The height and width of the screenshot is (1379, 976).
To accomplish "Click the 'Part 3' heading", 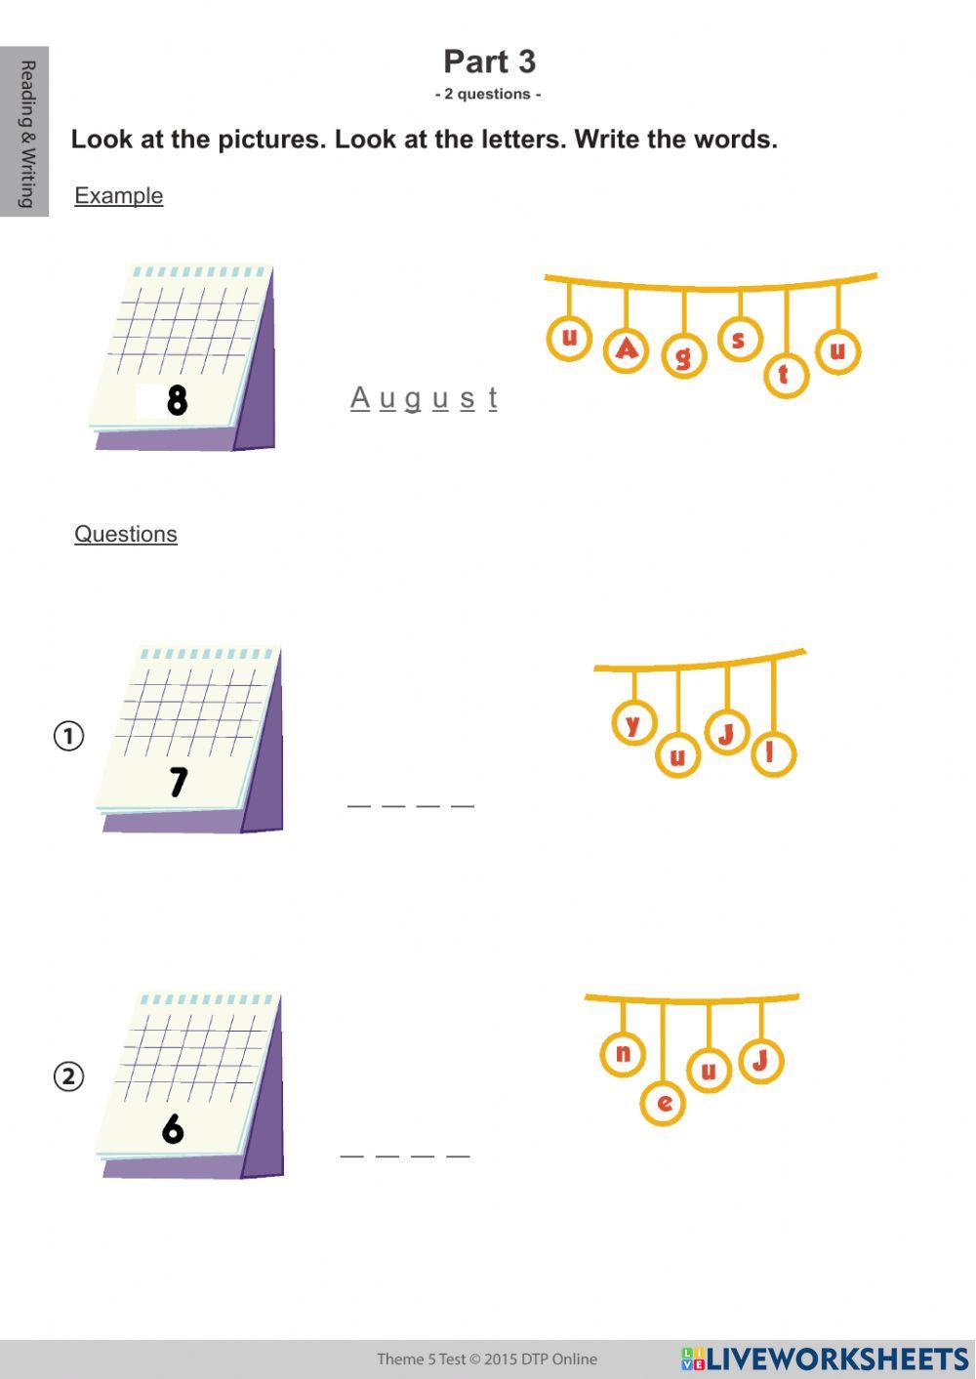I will pos(489,61).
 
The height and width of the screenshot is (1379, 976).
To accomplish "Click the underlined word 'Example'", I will pos(118,195).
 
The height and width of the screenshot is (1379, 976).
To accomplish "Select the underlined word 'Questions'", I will pos(126,534).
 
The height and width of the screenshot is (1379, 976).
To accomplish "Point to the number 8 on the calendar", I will pos(177,399).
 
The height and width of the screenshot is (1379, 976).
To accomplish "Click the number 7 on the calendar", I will pos(178,781).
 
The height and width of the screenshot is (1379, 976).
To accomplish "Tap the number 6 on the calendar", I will pos(173,1128).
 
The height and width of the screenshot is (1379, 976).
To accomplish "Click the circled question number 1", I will pos(68,735).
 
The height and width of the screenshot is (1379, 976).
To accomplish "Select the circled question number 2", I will pos(68,1076).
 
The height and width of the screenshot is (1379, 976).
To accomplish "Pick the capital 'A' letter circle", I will pos(627,349).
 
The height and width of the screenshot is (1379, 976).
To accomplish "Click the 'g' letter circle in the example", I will pos(683,355).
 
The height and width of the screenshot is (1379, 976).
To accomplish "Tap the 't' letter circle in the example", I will pos(785,375).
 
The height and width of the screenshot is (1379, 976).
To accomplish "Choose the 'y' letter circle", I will pos(633,723).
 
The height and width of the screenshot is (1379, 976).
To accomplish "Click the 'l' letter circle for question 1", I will pos(773,753).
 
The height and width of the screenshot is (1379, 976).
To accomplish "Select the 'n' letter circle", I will pos(623,1054).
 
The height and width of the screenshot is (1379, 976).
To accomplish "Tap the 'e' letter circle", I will pos(664,1103).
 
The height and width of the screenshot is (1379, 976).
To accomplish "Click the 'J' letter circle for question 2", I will pos(761,1060).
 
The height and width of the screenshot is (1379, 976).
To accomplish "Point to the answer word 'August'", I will pos(424,398).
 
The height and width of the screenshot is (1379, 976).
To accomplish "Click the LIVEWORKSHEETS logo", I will pos(825,1359).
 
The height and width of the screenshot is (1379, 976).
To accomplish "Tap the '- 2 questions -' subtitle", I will pos(488,95).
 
